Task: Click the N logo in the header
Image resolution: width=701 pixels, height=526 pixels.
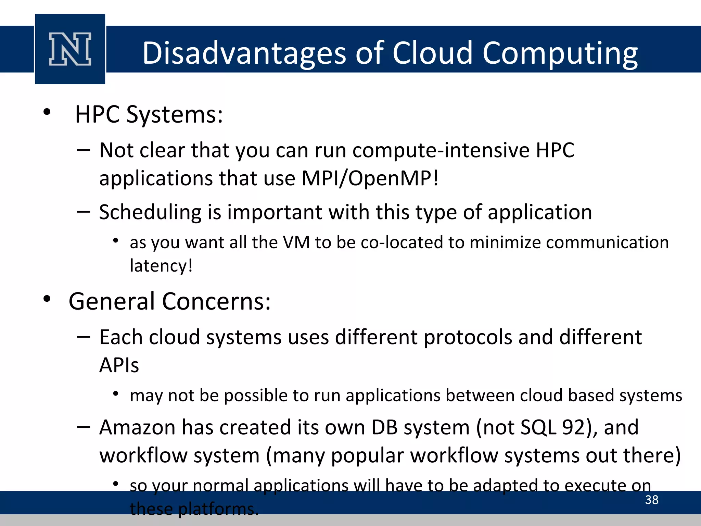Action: pos(70,49)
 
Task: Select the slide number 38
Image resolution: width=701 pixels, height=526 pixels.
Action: pos(651,500)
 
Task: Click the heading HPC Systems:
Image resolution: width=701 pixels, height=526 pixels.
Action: pos(149,114)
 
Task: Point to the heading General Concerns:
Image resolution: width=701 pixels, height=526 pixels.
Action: pos(169,301)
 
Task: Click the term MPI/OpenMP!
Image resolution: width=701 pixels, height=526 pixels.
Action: pos(370,178)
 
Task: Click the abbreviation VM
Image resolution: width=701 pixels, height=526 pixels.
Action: pos(296,242)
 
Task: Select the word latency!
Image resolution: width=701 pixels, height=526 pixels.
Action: pos(161,266)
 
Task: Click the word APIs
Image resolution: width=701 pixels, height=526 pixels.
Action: pos(119,365)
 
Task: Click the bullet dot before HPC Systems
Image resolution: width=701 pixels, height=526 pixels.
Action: pos(47,112)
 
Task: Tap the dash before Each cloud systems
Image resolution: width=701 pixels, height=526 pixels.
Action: pos(84,337)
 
